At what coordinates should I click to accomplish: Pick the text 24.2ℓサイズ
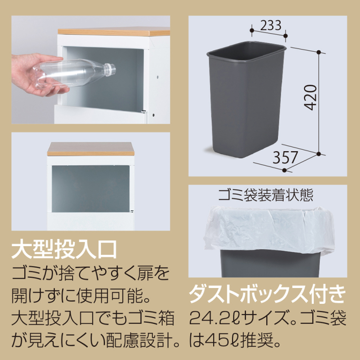230,318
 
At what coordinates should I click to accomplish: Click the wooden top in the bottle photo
113,31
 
